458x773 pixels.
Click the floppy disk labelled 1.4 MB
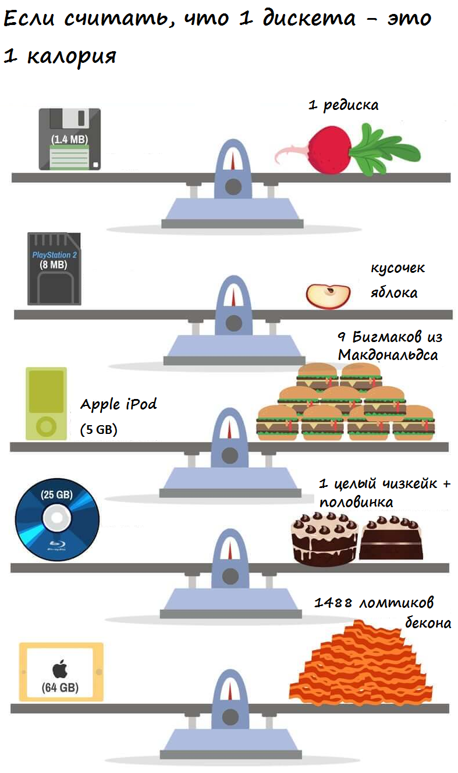coord(69,139)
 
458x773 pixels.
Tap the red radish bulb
coord(329,150)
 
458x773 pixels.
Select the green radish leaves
coord(386,150)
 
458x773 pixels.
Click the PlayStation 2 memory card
coord(54,269)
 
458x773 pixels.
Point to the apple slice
coord(328,296)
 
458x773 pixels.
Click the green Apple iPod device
coord(46,403)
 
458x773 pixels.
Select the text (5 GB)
coord(98,430)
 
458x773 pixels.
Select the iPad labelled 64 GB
coord(61,671)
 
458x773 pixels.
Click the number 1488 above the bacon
coord(333,603)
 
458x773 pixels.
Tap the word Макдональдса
coord(388,354)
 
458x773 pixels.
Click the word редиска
coord(351,105)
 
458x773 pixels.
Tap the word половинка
coord(356,502)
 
